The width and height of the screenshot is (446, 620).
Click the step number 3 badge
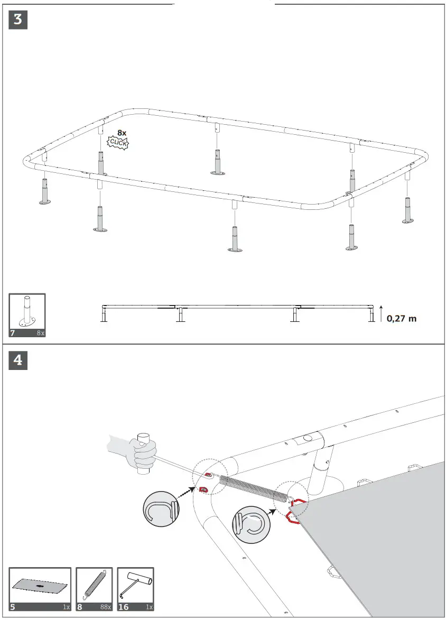tap(18, 20)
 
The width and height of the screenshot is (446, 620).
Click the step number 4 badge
tap(18, 360)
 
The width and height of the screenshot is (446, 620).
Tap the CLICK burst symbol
tap(118, 142)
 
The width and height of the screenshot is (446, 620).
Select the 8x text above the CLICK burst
tap(122, 133)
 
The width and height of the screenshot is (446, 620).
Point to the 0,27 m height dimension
tap(401, 318)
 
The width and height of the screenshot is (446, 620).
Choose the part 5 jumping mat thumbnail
tap(40, 586)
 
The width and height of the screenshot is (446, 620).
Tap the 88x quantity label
tap(106, 607)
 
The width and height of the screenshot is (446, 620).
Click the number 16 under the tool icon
tap(123, 607)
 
